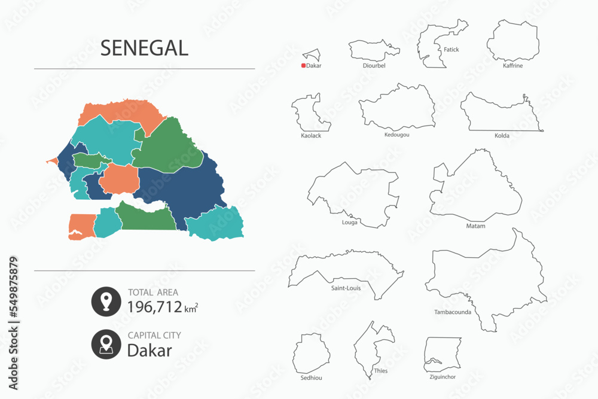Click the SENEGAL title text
coord(144,48)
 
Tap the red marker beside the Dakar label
coord(304,66)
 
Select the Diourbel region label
coord(374,66)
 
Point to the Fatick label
coord(451,50)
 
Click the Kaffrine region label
coord(512,66)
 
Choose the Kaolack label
coord(311,136)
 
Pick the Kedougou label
coord(397,135)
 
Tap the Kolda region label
coord(502,136)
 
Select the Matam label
coord(475,226)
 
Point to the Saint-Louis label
coord(346,288)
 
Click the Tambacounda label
coord(453,312)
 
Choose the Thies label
coord(380,371)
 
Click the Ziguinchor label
coord(442,377)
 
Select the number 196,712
coord(154,307)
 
